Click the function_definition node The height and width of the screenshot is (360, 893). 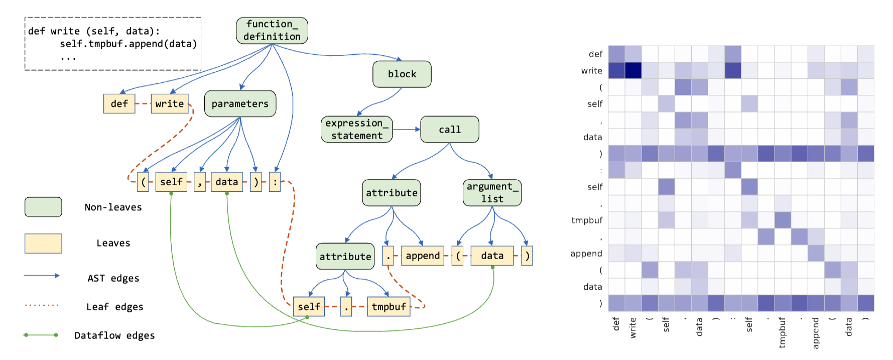(272, 31)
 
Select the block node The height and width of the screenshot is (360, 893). (402, 74)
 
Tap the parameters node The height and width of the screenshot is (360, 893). (240, 104)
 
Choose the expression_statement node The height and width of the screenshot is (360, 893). (356, 130)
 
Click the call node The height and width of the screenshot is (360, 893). (449, 130)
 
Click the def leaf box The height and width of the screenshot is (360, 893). (119, 104)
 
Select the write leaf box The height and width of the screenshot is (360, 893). (169, 104)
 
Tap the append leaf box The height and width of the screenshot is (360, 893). (422, 256)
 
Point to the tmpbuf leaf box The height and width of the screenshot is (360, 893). (389, 307)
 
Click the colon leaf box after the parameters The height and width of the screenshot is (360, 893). (275, 182)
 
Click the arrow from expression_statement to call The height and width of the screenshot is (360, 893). (406, 130)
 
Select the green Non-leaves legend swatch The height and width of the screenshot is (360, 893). (43, 207)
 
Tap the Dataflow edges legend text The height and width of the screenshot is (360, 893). (114, 335)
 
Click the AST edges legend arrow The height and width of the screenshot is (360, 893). (42, 276)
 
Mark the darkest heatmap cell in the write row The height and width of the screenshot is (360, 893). (633, 70)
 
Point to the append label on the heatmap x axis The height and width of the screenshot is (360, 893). (815, 333)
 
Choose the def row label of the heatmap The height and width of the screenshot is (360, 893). (595, 54)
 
